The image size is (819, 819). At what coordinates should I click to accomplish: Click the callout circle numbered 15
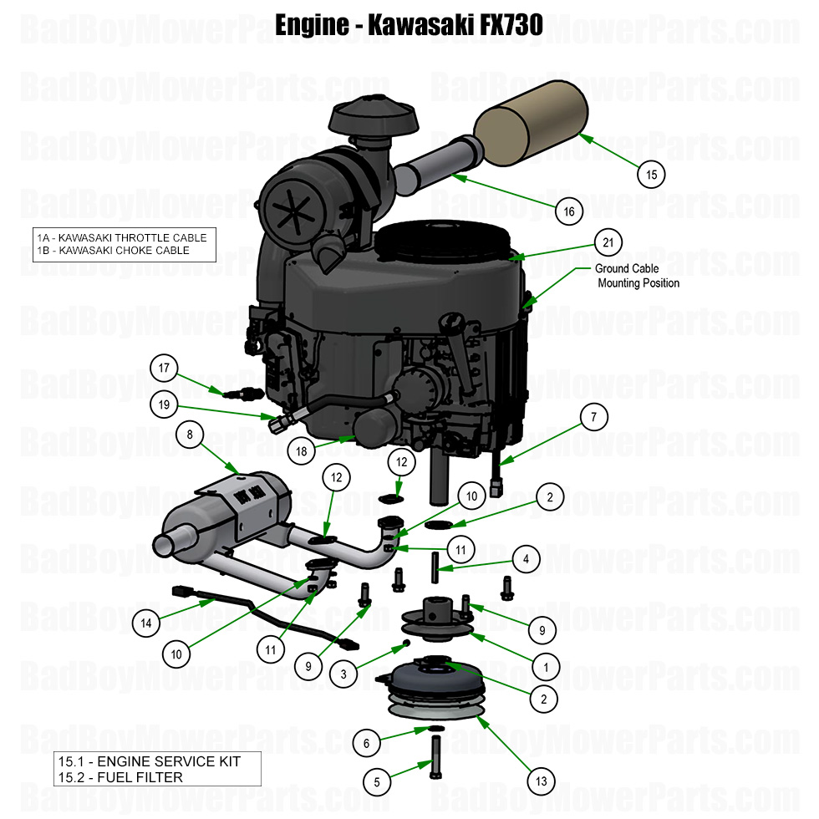click(652, 175)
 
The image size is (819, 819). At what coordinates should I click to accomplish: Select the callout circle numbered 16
click(569, 211)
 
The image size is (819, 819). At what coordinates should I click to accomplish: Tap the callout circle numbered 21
click(608, 242)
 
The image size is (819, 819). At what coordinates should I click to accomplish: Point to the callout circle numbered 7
click(594, 417)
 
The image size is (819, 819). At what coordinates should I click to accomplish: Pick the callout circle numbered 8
click(190, 435)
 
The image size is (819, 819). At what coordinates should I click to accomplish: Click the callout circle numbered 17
click(165, 367)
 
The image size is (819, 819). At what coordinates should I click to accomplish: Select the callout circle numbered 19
click(165, 405)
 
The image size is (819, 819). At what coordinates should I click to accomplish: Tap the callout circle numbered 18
click(302, 451)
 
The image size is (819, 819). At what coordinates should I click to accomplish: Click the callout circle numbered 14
click(146, 622)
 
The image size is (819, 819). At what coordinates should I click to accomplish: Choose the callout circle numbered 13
click(542, 781)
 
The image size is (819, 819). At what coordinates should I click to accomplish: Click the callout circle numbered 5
click(377, 782)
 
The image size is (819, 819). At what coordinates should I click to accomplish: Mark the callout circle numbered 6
click(366, 741)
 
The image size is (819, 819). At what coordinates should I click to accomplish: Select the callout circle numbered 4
click(526, 558)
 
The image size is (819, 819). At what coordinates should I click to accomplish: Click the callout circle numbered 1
click(546, 668)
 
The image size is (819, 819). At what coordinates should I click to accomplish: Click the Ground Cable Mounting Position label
click(637, 276)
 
